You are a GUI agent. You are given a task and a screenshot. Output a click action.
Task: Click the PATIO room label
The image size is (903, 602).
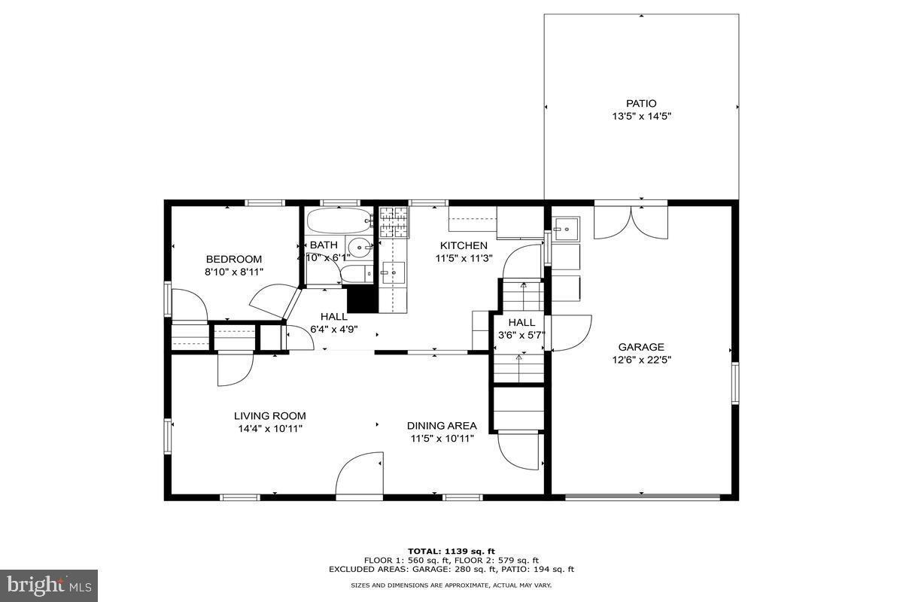click(641, 103)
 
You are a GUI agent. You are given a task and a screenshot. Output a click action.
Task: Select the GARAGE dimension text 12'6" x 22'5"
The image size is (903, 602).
click(641, 360)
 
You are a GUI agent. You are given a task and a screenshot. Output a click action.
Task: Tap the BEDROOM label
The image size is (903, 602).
click(233, 259)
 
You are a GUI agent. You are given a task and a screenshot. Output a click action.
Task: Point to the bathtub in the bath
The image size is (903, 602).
click(339, 221)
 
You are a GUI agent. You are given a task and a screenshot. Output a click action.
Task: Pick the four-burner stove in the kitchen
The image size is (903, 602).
click(393, 222)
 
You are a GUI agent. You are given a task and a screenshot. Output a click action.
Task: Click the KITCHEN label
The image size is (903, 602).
click(464, 245)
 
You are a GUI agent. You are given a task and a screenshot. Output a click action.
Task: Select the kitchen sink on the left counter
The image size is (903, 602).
click(394, 272)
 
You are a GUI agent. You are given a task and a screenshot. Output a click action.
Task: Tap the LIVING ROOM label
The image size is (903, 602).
click(269, 415)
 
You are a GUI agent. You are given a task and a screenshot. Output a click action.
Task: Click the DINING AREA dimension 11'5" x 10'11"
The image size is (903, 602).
click(442, 439)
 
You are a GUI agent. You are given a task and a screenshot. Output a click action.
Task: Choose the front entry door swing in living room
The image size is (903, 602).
click(360, 476)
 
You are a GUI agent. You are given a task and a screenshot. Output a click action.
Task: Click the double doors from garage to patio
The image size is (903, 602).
click(631, 220)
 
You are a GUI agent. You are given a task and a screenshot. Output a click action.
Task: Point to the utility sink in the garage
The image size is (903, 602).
click(567, 226)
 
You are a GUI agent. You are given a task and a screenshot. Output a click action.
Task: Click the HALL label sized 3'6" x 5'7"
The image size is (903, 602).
click(521, 322)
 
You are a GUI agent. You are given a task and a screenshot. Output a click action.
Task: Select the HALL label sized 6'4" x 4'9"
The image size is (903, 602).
click(334, 317)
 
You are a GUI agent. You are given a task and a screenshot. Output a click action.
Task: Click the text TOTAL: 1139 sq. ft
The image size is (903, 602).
click(451, 551)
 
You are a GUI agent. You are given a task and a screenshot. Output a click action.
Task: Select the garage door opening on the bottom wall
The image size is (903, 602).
click(643, 497)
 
